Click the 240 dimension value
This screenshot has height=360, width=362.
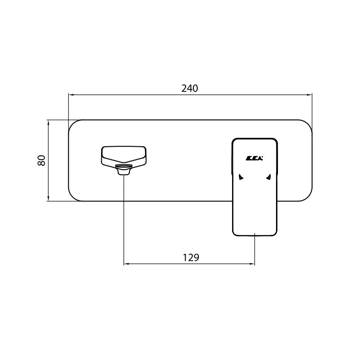[190, 89]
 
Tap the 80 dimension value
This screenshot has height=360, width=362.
[42, 160]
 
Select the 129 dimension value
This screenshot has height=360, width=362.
[191, 257]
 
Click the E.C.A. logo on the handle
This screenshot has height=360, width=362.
[254, 158]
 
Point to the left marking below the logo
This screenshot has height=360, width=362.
[241, 177]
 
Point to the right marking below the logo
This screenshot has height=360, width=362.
[268, 177]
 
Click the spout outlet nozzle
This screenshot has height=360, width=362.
[124, 169]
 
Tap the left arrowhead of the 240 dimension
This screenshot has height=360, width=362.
[71, 94]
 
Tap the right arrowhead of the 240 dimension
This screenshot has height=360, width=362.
[309, 94]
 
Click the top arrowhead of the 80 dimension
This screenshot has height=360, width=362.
[48, 123]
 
